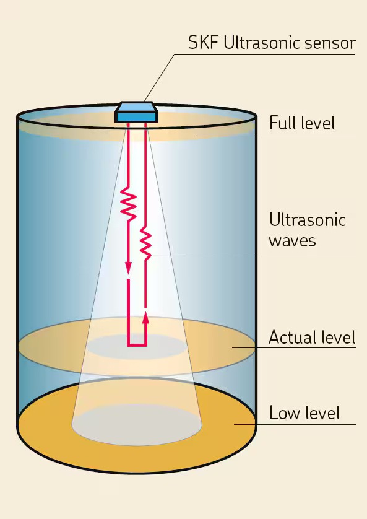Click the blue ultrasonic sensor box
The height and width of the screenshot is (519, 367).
coord(136,112)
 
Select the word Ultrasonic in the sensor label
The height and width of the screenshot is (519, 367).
coord(262,43)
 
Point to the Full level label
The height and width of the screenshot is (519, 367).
coord(302,123)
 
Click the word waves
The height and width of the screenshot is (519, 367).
coord(292,241)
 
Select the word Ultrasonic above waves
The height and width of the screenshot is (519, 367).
coord(308,219)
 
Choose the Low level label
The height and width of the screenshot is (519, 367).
coord(304,412)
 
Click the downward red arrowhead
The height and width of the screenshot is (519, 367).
coord(128,268)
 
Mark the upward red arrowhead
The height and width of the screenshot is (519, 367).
coord(146,317)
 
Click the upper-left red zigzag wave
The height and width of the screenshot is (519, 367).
coord(128,203)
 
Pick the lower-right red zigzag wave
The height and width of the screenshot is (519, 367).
coord(145,243)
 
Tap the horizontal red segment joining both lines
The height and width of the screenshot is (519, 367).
coord(137,346)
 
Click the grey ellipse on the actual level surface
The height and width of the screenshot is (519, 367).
coord(137,347)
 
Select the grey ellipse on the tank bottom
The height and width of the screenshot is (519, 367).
coord(137,425)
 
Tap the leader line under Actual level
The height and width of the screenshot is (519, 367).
coord(294,347)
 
